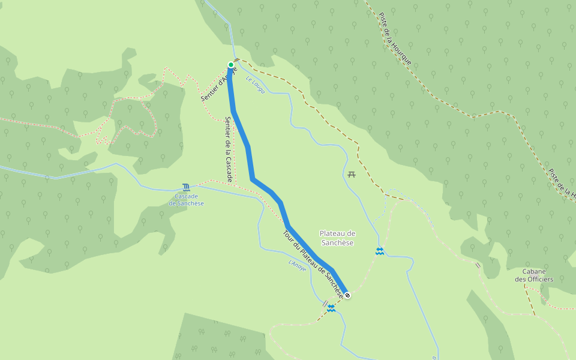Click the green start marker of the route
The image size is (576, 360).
231,65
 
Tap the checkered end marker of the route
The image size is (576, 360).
347,295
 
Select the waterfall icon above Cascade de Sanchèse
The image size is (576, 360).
186,187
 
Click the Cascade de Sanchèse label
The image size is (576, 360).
186,200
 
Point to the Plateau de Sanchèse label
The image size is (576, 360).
337,238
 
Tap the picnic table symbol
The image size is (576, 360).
352,175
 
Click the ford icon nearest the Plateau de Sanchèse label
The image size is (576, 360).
379,251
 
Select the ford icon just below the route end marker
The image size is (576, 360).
331,307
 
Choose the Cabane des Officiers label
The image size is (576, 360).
533,275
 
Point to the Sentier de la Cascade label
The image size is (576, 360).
229,149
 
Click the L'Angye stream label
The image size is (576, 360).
297,265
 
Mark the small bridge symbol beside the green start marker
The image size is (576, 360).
238,61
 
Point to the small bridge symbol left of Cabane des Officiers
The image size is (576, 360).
478,265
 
